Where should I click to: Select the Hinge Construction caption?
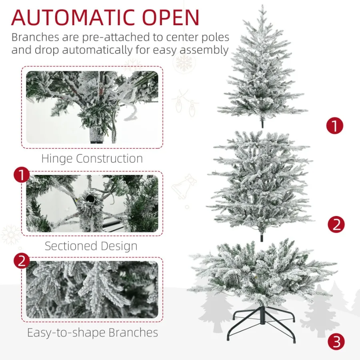pyautogui.click(x=92, y=158)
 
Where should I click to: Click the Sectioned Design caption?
pyautogui.click(x=91, y=246)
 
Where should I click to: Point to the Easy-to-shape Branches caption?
pyautogui.click(x=92, y=332)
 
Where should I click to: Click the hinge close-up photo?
pyautogui.click(x=92, y=107)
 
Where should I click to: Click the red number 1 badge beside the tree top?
pyautogui.click(x=335, y=126)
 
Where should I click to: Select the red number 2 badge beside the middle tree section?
pyautogui.click(x=336, y=224)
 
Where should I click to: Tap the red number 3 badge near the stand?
pyautogui.click(x=336, y=342)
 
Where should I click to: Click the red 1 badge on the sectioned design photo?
pyautogui.click(x=22, y=175)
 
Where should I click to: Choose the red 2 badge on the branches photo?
pyautogui.click(x=22, y=261)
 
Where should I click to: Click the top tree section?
pyautogui.click(x=262, y=68)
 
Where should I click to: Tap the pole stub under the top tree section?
pyautogui.click(x=262, y=123)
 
